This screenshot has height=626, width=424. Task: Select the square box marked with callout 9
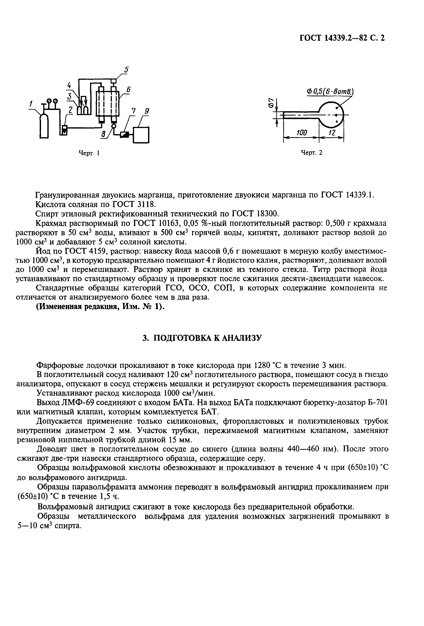pos(141,134)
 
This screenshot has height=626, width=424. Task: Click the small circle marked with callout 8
pos(114,126)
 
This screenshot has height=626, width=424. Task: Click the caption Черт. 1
pos(89,153)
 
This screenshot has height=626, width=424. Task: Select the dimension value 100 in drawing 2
pos(302,132)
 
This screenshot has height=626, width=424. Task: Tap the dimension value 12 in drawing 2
pos(332,132)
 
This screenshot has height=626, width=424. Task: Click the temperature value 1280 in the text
pos(262,365)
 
